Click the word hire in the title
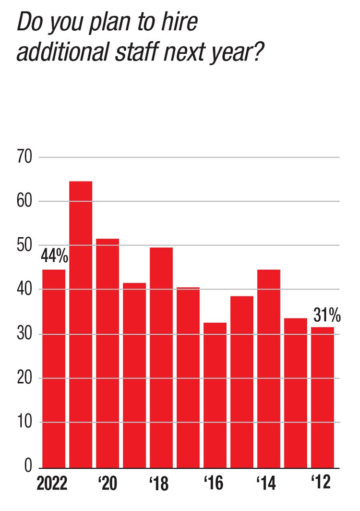180,23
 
